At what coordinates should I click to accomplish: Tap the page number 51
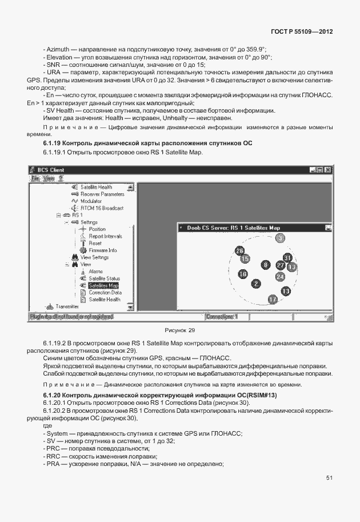329,478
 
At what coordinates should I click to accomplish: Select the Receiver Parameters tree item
102,194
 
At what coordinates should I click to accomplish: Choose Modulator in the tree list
91,201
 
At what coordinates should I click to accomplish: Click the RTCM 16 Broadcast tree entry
101,208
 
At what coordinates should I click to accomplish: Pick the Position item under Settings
97,229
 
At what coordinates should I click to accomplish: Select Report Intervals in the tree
105,236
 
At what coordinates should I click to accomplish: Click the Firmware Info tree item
102,250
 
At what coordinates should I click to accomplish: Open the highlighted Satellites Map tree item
103,285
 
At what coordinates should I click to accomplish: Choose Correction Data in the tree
105,292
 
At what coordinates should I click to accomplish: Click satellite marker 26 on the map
240,250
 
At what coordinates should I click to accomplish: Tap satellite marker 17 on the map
273,299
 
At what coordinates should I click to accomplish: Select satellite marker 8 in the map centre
265,265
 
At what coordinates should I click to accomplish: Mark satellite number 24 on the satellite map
280,276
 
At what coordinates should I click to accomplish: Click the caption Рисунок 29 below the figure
179,330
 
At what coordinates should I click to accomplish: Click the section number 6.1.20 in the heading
54,396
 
